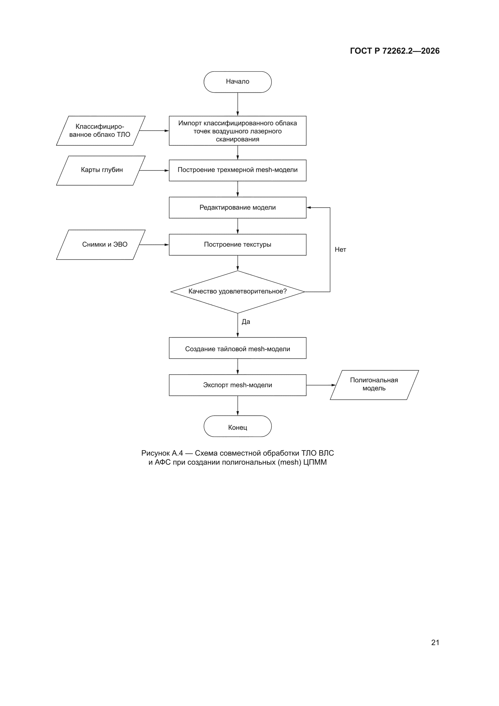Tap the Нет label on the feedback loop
[x=340, y=250]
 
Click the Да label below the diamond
[x=246, y=322]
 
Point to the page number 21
[x=435, y=642]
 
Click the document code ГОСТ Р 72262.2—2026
[x=395, y=51]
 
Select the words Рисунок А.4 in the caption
[x=162, y=453]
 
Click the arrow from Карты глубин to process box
[x=154, y=170]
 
